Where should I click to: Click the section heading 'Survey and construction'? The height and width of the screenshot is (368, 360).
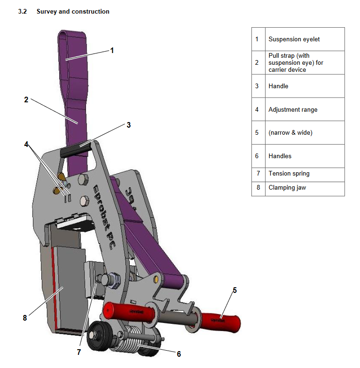tap(73, 11)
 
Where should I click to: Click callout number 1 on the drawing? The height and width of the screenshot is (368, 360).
tap(112, 50)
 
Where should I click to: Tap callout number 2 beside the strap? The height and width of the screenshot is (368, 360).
tap(26, 100)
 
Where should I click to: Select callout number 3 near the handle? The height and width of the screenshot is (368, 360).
tap(128, 125)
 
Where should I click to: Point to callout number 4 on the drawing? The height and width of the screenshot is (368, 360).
tap(26, 144)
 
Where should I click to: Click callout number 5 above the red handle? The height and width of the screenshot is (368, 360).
tap(235, 290)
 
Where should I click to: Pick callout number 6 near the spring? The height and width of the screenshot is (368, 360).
tap(179, 354)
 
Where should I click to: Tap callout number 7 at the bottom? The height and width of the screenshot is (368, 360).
tap(79, 352)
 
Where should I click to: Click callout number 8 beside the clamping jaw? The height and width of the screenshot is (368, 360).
tap(25, 318)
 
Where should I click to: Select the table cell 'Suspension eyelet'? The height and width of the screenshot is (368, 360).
tap(294, 39)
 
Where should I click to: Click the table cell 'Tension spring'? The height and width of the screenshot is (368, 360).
tap(289, 174)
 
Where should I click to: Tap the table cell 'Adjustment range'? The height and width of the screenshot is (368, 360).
tap(293, 110)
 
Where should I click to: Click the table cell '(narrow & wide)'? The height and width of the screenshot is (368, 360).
tap(290, 133)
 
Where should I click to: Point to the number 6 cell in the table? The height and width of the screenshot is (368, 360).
tap(257, 156)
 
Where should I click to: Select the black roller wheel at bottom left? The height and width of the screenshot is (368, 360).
tap(100, 334)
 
